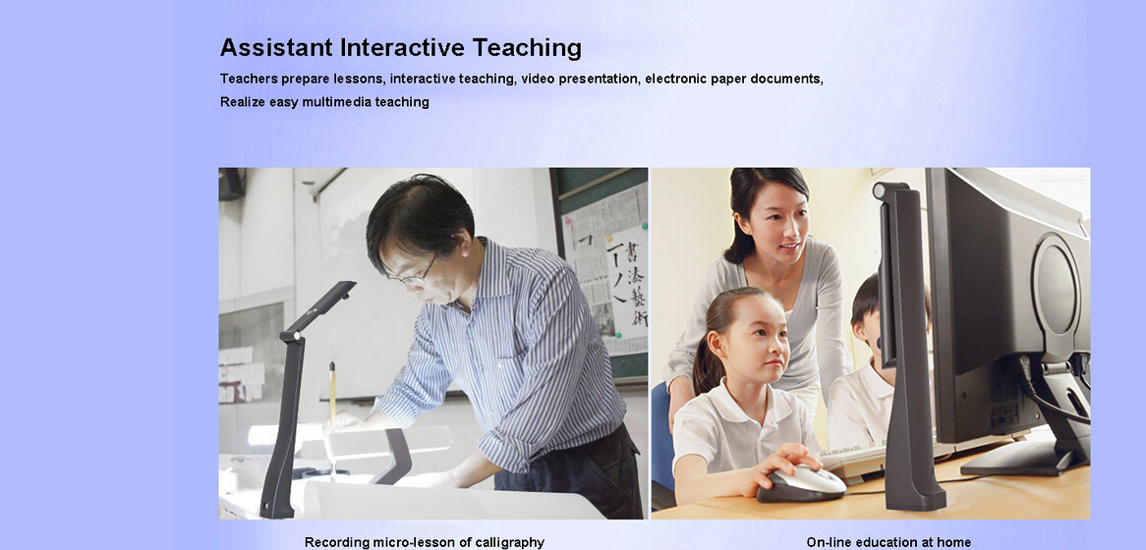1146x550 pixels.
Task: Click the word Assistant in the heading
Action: (276, 47)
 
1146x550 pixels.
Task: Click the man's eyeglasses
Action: (415, 275)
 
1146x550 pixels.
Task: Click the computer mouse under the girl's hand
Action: (801, 484)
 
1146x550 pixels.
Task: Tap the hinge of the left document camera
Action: (292, 336)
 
